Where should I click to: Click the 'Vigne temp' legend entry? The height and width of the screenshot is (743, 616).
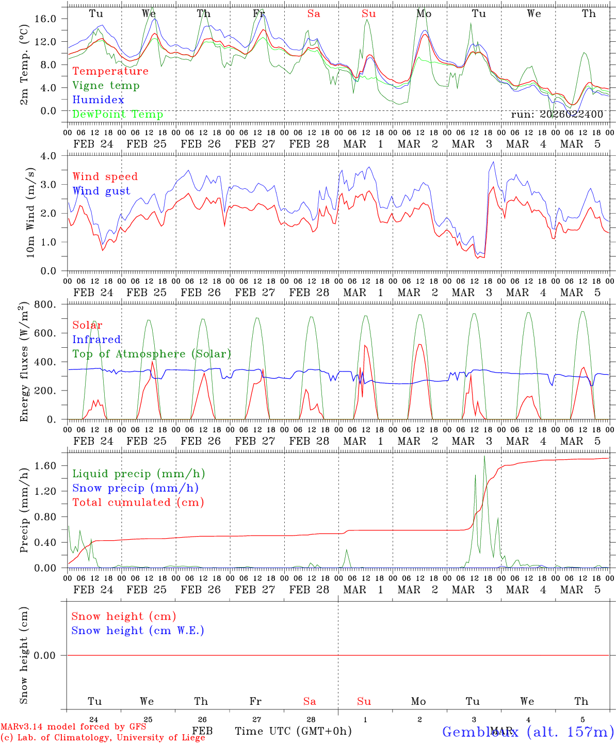pos(106,86)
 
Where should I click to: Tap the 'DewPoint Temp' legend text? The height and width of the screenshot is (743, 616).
pos(118,115)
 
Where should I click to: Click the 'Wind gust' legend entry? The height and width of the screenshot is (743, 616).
pos(101,191)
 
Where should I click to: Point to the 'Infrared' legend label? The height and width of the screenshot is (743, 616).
pos(96,340)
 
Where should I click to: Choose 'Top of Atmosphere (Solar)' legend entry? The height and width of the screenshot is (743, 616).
pos(152,354)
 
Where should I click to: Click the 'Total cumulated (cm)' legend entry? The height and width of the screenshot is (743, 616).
pos(138,503)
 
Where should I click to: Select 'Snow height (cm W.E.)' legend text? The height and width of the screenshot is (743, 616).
pos(138,631)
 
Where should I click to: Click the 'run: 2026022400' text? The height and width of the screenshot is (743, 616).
pos(557,115)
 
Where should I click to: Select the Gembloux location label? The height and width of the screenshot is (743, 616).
pos(528,732)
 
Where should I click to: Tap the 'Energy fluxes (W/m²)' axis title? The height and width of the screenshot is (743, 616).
pos(24,363)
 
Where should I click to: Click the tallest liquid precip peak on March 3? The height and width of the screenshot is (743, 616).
pos(484,456)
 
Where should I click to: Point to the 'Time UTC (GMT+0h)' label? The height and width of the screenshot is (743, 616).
pos(293,731)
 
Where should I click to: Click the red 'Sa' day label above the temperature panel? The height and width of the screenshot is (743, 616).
pos(314,14)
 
